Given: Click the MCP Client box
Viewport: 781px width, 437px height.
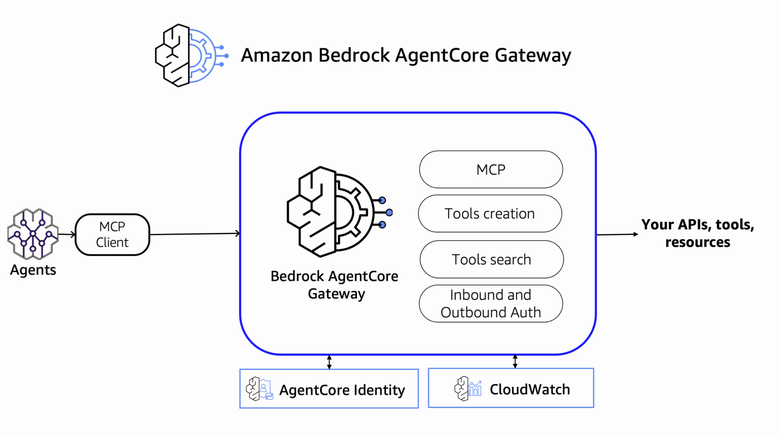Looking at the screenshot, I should tap(112, 235).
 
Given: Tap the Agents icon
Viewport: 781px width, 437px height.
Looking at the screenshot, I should tap(33, 234).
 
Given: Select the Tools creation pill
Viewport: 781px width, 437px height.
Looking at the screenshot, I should tap(490, 214).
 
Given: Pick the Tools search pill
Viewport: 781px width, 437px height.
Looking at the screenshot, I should tap(492, 259).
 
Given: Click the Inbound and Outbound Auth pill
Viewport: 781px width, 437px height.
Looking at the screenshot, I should tap(491, 304).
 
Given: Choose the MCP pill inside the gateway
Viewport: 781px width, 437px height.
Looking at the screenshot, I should tap(491, 170).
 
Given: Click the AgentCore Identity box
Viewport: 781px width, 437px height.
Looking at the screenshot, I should tap(329, 389).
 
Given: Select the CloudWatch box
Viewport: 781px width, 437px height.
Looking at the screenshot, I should tap(511, 388).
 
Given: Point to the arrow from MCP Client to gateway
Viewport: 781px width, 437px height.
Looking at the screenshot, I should tap(194, 234).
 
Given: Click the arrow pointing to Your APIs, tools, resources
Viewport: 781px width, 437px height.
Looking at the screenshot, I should tap(617, 235).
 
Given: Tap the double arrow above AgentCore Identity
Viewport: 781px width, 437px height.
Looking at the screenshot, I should tap(329, 362).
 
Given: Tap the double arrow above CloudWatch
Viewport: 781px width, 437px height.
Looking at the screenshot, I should tap(515, 361).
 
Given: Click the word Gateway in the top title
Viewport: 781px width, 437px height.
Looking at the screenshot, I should tap(533, 56).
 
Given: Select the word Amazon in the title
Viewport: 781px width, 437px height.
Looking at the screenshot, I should tap(277, 56).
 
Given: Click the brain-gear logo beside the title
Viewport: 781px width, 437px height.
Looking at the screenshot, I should tap(191, 56).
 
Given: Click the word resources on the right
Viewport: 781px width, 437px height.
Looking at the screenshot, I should tap(697, 242).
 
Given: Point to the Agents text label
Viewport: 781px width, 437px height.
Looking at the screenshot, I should tap(33, 270).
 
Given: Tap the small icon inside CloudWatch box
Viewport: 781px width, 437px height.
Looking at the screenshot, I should tap(468, 389).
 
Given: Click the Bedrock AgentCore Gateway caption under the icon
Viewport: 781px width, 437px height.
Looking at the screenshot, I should tap(334, 285).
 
